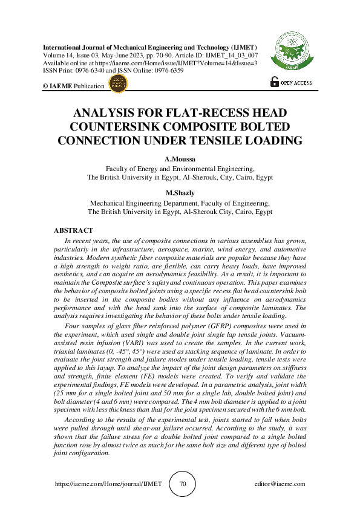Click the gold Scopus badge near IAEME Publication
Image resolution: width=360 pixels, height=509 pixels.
click(x=119, y=85)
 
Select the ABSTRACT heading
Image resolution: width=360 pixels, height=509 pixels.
click(x=74, y=230)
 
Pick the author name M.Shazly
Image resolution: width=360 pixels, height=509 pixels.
click(x=179, y=194)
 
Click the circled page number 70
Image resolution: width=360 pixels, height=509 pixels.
click(x=183, y=484)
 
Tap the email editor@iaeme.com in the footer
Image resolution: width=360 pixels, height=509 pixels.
click(x=279, y=484)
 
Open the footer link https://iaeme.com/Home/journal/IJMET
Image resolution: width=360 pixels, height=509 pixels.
click(x=108, y=484)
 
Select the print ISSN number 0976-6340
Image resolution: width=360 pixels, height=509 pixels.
click(x=90, y=70)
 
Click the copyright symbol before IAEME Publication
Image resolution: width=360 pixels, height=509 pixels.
click(x=45, y=86)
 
